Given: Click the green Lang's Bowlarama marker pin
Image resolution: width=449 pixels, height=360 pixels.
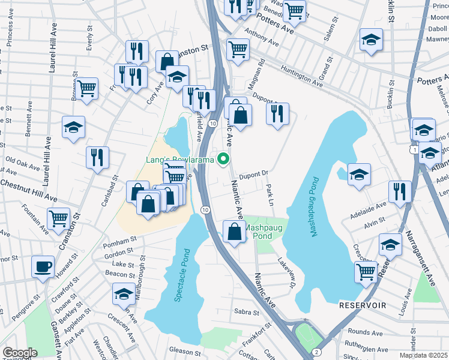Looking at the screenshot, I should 224,159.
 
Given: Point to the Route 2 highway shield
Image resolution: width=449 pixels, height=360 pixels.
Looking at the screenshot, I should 316,350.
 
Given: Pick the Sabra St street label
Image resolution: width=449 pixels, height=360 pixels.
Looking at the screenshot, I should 246,312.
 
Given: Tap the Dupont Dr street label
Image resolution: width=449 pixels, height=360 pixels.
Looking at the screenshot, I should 252,175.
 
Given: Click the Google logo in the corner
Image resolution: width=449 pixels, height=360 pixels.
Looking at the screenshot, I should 20,353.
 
